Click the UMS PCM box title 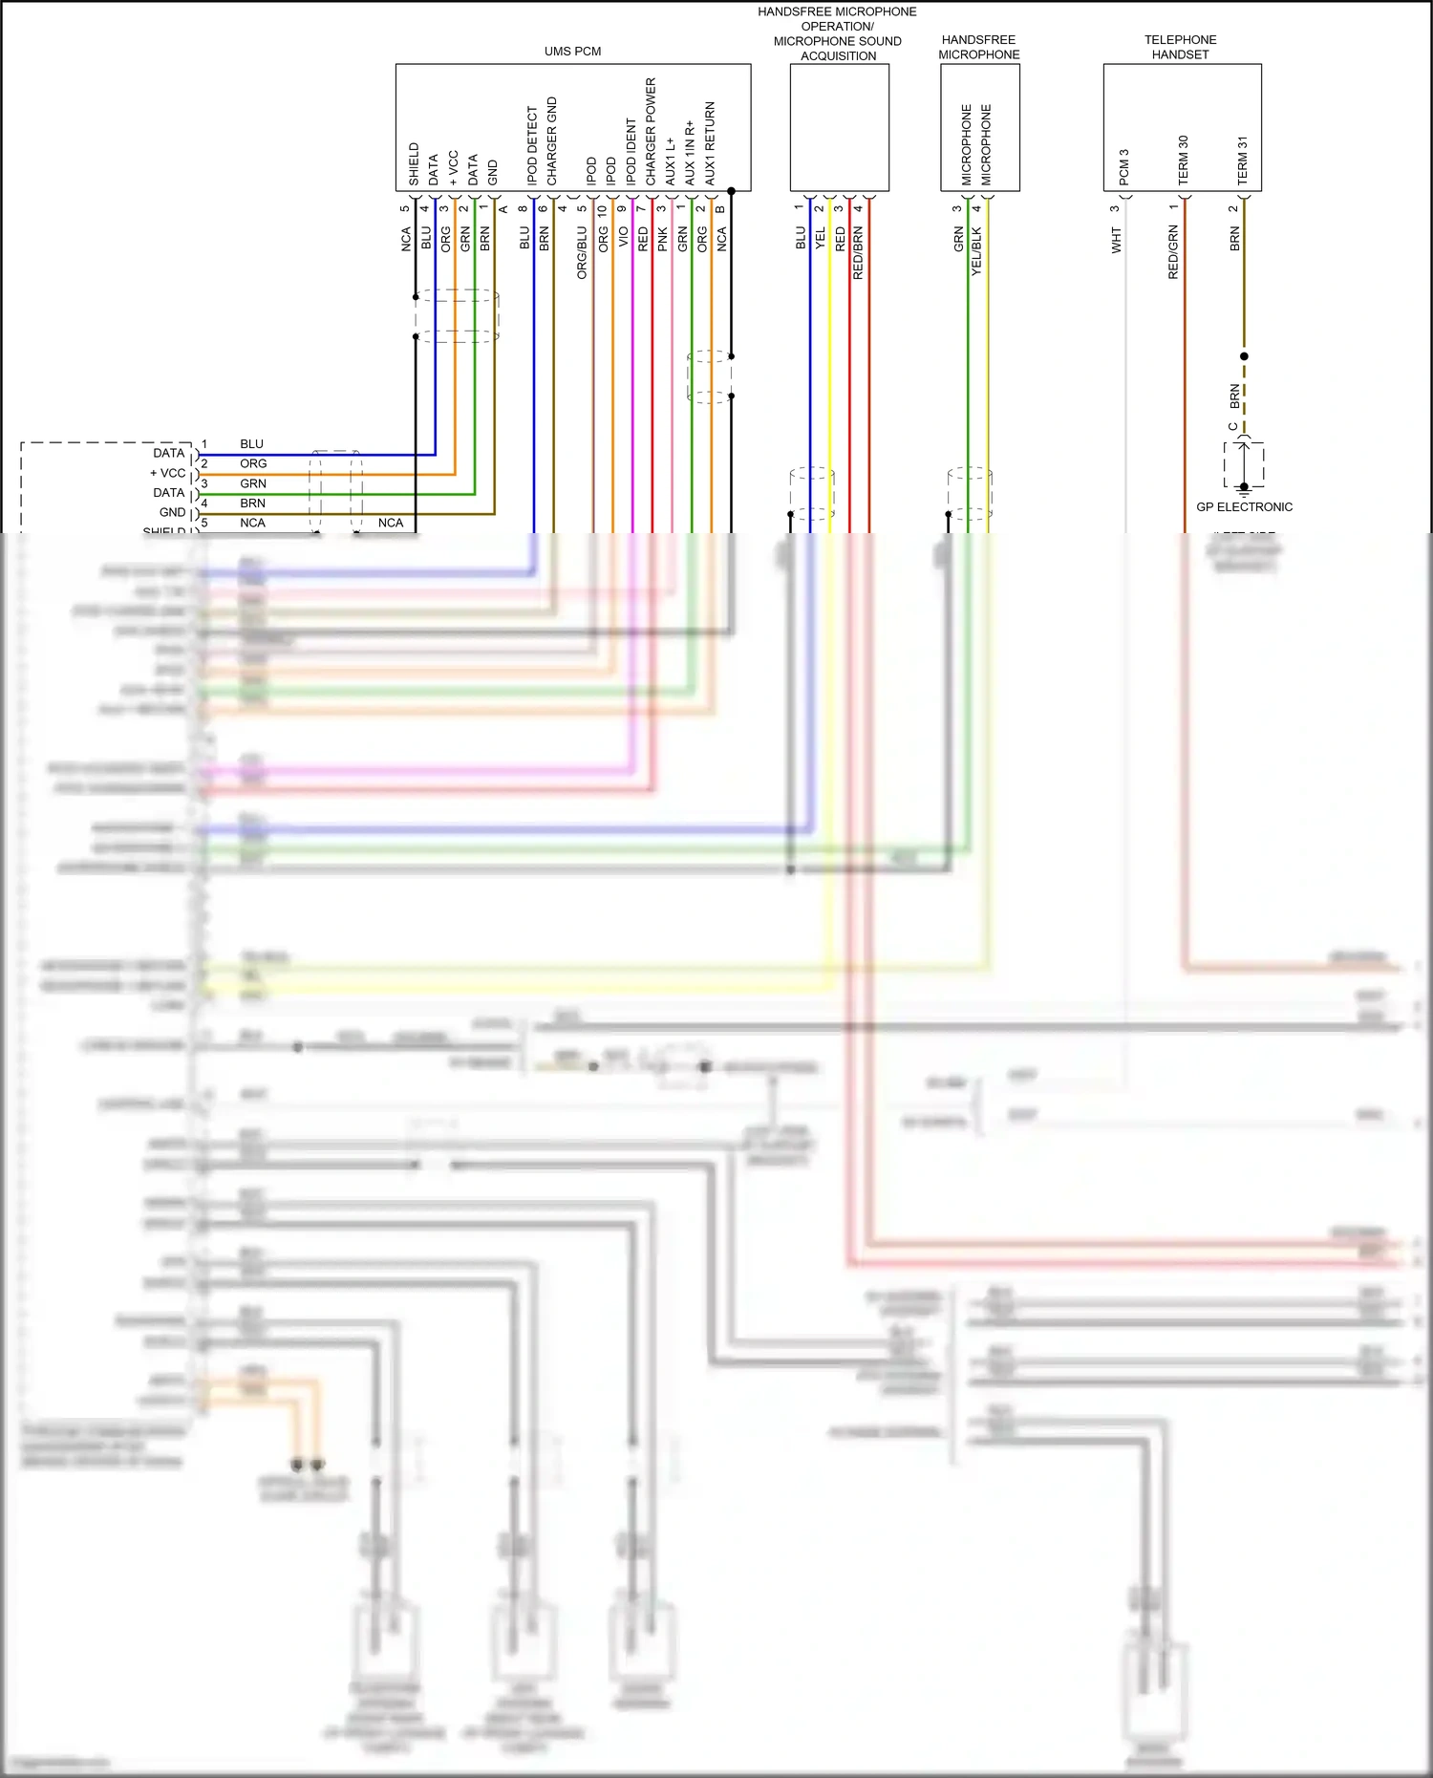click(x=572, y=52)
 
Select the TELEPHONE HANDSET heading click(x=1180, y=47)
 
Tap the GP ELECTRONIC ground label click(x=1244, y=507)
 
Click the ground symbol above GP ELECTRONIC click(x=1244, y=486)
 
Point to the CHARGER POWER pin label click(x=651, y=132)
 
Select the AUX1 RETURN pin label click(x=710, y=143)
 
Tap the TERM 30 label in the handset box click(x=1183, y=160)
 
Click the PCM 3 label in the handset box click(x=1123, y=167)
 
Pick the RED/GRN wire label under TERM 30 click(x=1173, y=252)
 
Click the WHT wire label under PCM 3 click(x=1116, y=240)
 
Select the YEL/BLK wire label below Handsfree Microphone click(x=976, y=251)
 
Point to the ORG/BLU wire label click(x=582, y=252)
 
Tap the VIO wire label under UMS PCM click(x=623, y=236)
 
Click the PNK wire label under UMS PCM click(x=663, y=239)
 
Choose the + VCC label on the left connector click(x=167, y=473)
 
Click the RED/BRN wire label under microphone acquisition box click(x=858, y=252)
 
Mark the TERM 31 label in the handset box click(x=1242, y=160)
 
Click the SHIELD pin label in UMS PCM click(x=414, y=164)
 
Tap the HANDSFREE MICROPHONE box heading click(x=978, y=47)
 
